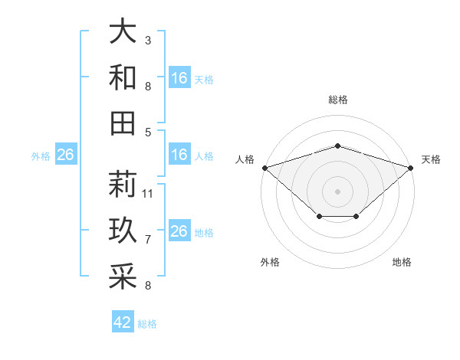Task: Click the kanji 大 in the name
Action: (123, 32)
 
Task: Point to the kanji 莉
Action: (123, 184)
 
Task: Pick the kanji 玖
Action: (123, 231)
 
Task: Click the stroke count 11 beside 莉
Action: (148, 193)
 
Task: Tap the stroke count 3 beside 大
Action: (148, 40)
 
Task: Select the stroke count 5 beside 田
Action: (148, 132)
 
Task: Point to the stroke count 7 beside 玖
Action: (148, 240)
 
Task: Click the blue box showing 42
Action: (123, 322)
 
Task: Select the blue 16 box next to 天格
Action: (179, 77)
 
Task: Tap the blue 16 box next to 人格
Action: (179, 155)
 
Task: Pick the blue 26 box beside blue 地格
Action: (179, 231)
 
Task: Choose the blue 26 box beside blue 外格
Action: (65, 155)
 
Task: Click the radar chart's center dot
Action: (337, 190)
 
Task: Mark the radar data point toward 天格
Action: (411, 167)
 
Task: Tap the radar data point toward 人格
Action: (264, 167)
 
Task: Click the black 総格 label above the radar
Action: (337, 100)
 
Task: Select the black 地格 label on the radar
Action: (402, 262)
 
